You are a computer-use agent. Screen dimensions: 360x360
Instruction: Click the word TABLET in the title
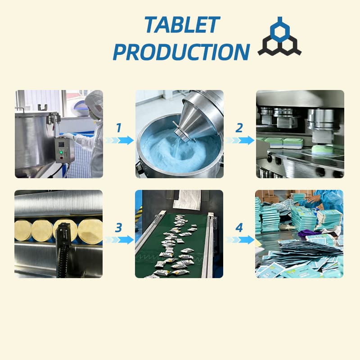[182, 24]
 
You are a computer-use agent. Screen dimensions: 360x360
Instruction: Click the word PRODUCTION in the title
[181, 52]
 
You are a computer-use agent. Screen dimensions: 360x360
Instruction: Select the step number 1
[119, 128]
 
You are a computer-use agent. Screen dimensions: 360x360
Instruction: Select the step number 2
[239, 128]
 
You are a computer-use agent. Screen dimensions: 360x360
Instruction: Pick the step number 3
[118, 228]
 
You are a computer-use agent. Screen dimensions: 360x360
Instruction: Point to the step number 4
[239, 228]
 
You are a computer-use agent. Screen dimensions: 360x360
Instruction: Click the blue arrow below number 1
[120, 140]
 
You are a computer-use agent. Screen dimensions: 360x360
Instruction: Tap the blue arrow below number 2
[240, 140]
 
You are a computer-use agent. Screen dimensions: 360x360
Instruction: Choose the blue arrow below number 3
[120, 240]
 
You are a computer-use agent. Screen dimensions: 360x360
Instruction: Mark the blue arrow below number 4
[240, 240]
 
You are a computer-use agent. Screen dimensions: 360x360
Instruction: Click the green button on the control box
[61, 152]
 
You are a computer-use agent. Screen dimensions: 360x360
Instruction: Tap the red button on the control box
[61, 158]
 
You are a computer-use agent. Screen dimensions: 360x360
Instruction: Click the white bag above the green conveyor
[187, 200]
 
